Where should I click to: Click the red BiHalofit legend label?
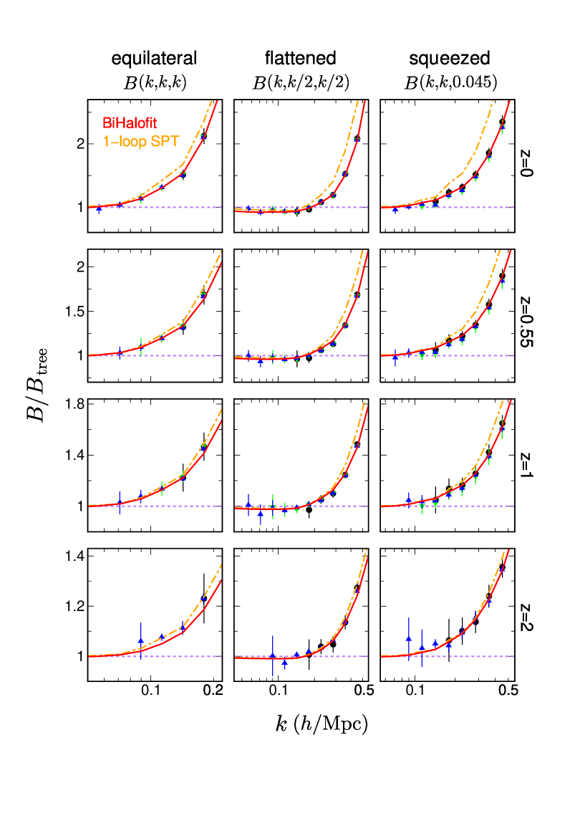coord(130,124)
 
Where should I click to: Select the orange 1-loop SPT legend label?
coord(141,142)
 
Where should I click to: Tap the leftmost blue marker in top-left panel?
coord(99,209)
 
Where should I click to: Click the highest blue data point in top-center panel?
coord(357,139)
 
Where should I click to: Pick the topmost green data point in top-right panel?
coord(502,130)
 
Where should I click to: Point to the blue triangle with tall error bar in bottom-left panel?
coord(141,640)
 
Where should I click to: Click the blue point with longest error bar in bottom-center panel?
coord(273,655)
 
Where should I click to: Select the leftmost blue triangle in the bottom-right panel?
coord(408,638)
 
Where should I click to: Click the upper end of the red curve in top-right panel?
coord(509,101)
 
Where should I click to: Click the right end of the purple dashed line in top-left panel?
coord(221,207)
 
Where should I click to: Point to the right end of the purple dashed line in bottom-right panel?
coord(513,656)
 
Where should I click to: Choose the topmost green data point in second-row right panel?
coord(502,282)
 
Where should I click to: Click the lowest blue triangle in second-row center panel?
coord(261,362)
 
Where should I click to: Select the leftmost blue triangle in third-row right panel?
coord(408,498)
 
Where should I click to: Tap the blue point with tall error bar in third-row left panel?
coord(120,502)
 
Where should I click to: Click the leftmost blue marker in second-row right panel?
coord(395,355)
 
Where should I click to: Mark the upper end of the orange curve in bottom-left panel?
coord(221,565)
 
